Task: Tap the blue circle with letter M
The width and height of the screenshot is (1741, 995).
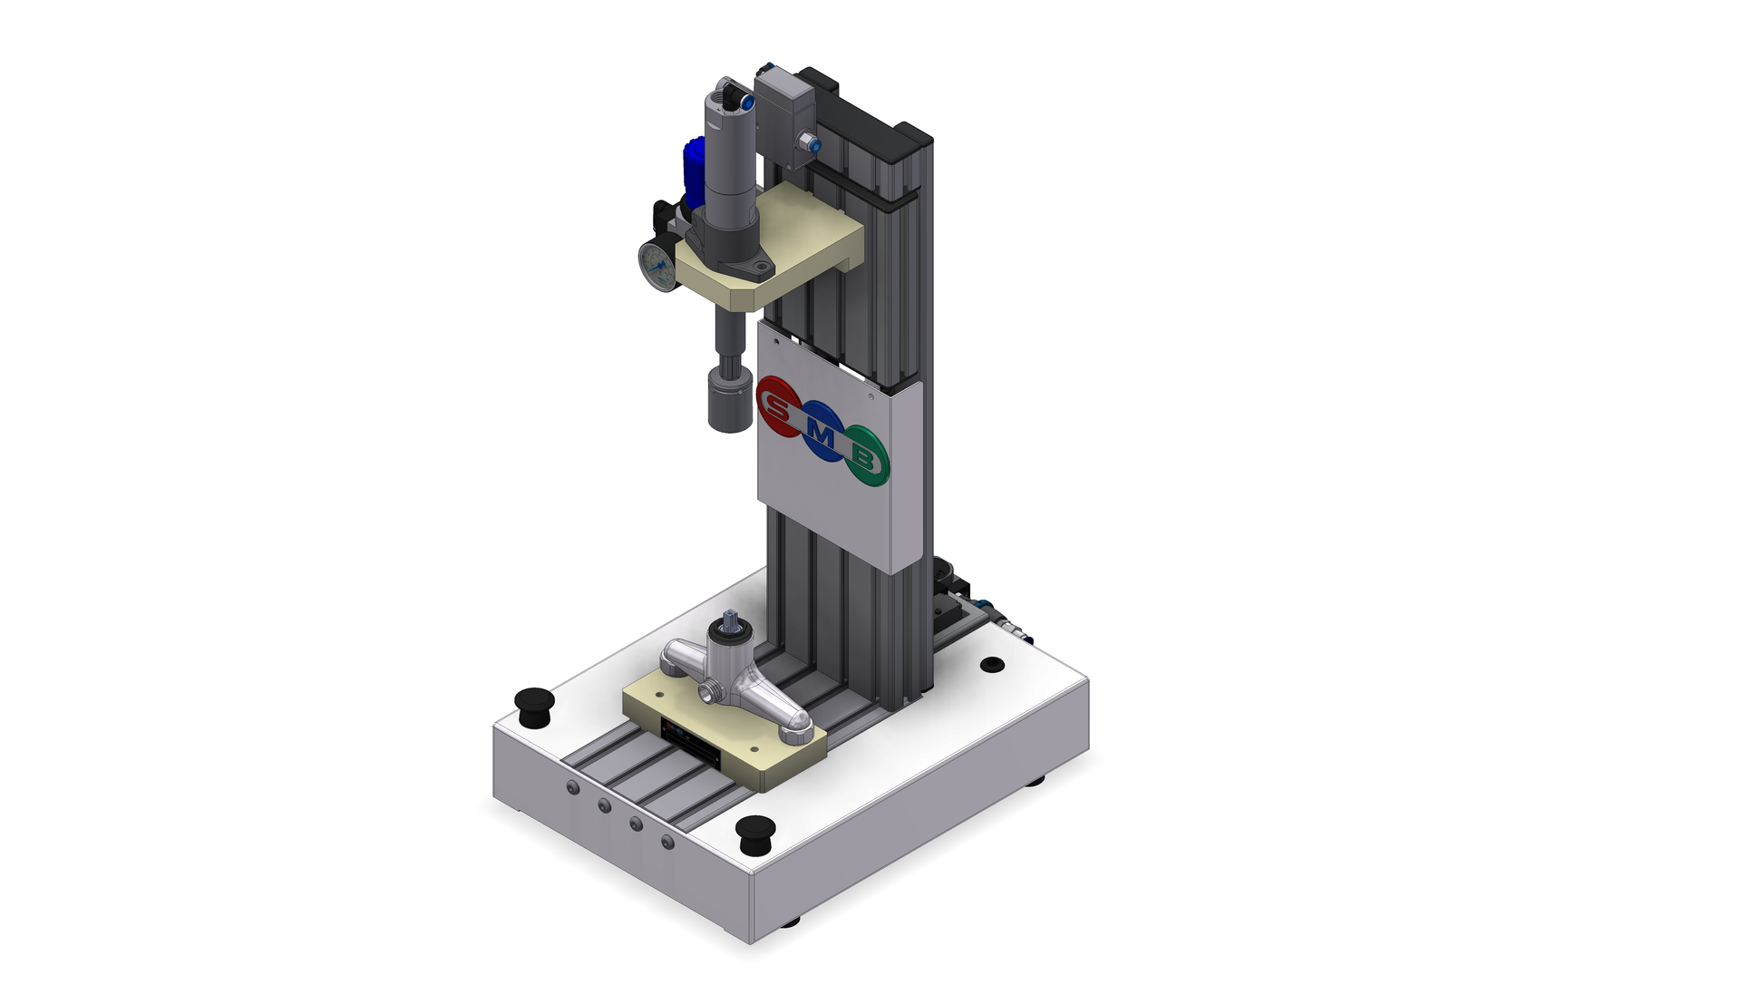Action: [x=822, y=432]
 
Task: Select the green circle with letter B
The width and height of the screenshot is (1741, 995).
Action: [x=866, y=456]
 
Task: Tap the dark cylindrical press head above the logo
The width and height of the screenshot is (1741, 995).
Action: [x=730, y=400]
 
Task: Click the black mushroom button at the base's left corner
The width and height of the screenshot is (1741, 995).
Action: [x=534, y=706]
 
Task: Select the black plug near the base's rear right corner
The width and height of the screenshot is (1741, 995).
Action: [x=993, y=665]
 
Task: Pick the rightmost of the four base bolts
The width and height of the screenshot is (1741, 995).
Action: [x=667, y=843]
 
